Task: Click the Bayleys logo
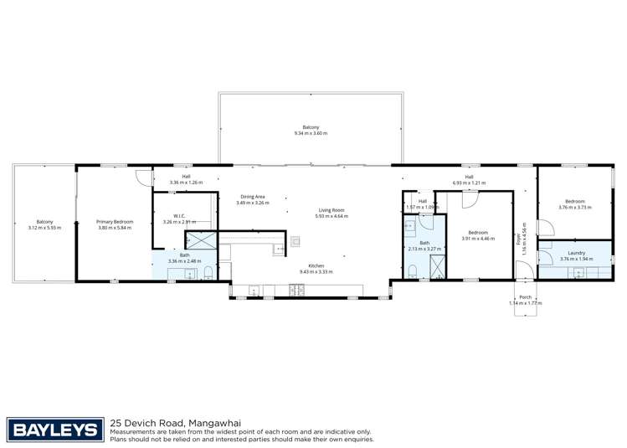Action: (55, 430)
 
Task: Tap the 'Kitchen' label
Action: (316, 266)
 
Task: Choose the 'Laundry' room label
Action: (576, 253)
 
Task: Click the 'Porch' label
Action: (526, 297)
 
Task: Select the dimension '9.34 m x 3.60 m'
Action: (311, 133)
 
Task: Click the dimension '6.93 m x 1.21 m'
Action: (469, 183)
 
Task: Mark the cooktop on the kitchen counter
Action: (296, 291)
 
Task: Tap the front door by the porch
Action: (520, 269)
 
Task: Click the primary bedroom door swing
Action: (144, 177)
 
